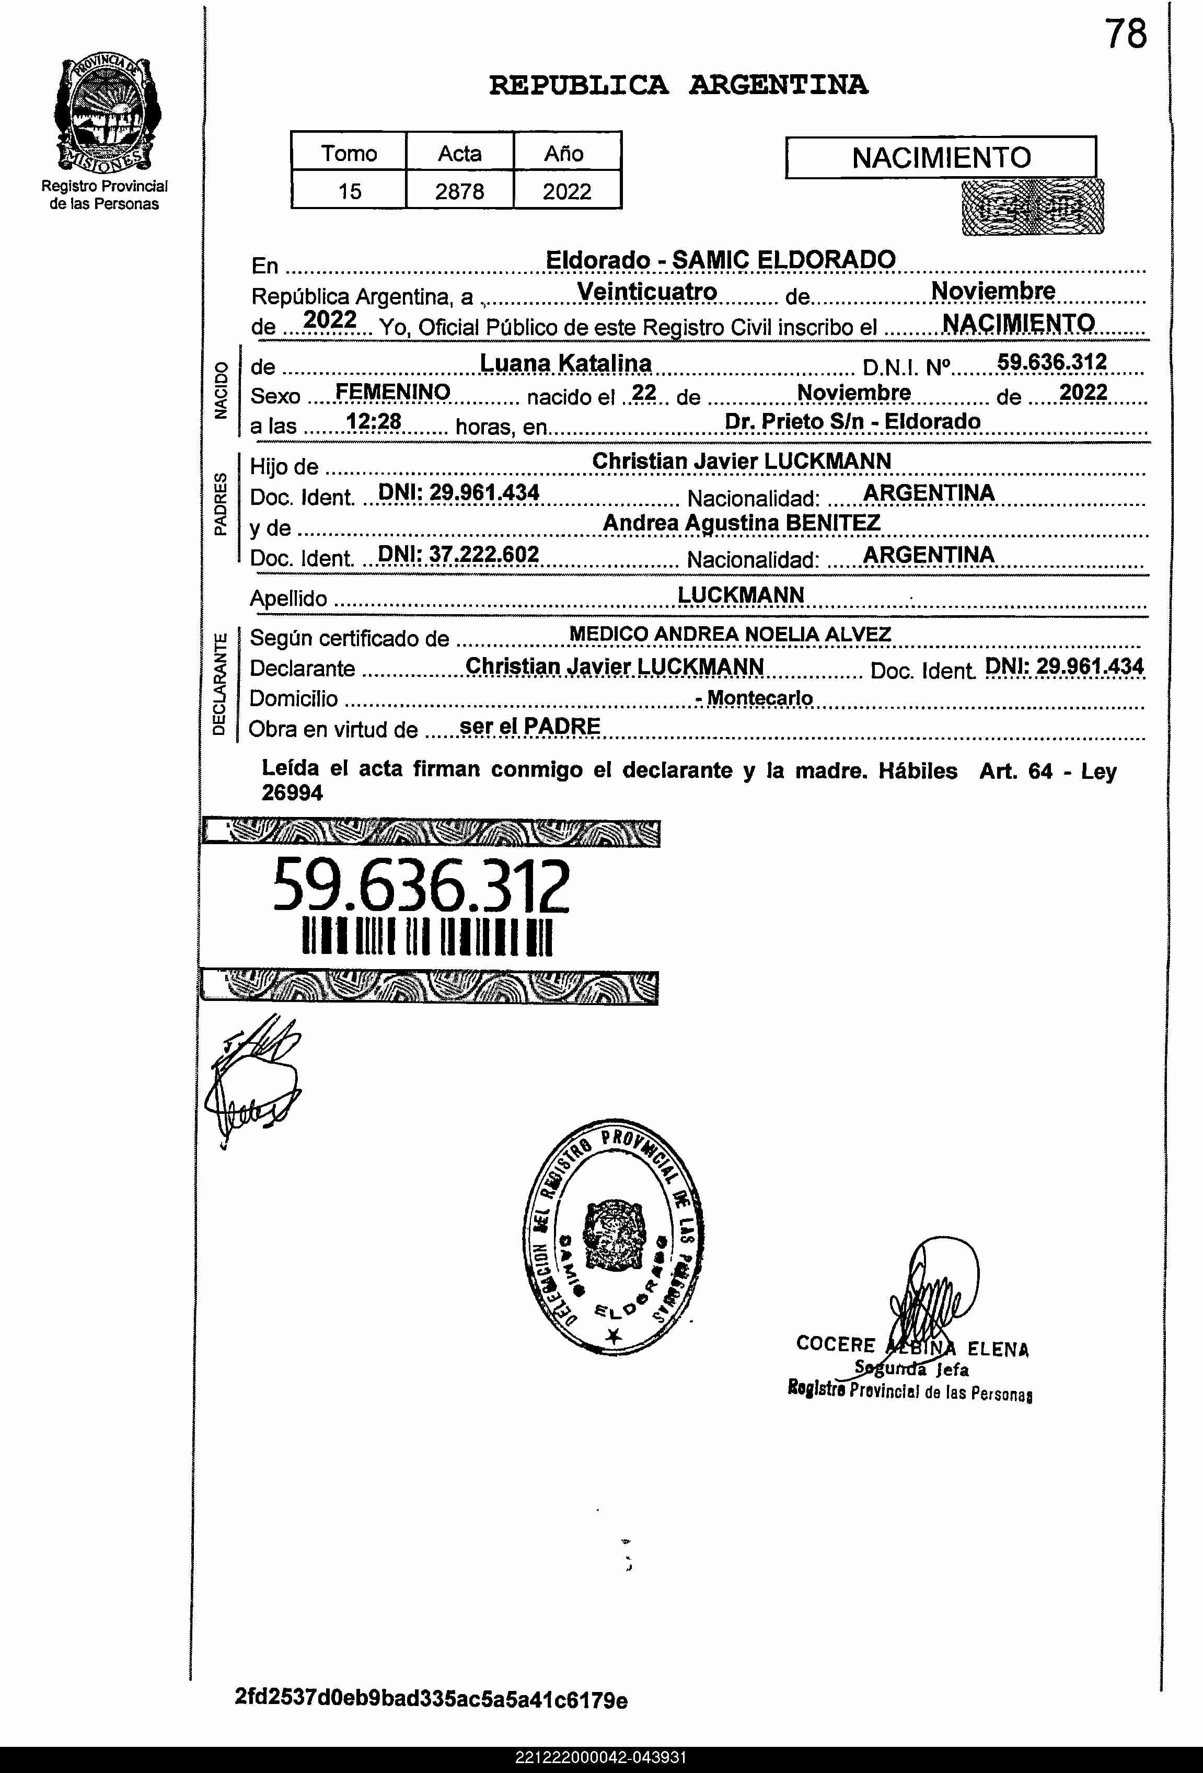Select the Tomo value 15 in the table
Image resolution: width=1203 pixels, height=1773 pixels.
350,191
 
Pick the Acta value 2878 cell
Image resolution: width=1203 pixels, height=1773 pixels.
459,191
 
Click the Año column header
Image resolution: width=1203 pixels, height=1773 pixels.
564,153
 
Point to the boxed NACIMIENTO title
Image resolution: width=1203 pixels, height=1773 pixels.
941,158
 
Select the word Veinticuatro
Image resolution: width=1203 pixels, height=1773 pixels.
647,292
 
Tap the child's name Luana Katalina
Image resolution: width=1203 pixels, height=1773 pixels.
565,363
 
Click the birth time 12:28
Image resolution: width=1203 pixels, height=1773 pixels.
374,421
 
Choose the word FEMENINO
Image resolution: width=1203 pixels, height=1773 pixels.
393,392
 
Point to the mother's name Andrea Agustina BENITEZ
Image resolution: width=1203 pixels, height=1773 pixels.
742,523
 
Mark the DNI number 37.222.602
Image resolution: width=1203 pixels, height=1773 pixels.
483,554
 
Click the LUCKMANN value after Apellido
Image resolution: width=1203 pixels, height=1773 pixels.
741,594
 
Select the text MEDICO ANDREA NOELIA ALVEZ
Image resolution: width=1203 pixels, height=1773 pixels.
730,634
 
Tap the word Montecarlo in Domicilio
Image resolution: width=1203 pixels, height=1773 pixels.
760,697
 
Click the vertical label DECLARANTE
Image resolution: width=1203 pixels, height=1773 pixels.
219,684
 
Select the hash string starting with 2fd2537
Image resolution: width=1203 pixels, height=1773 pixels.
431,1700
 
